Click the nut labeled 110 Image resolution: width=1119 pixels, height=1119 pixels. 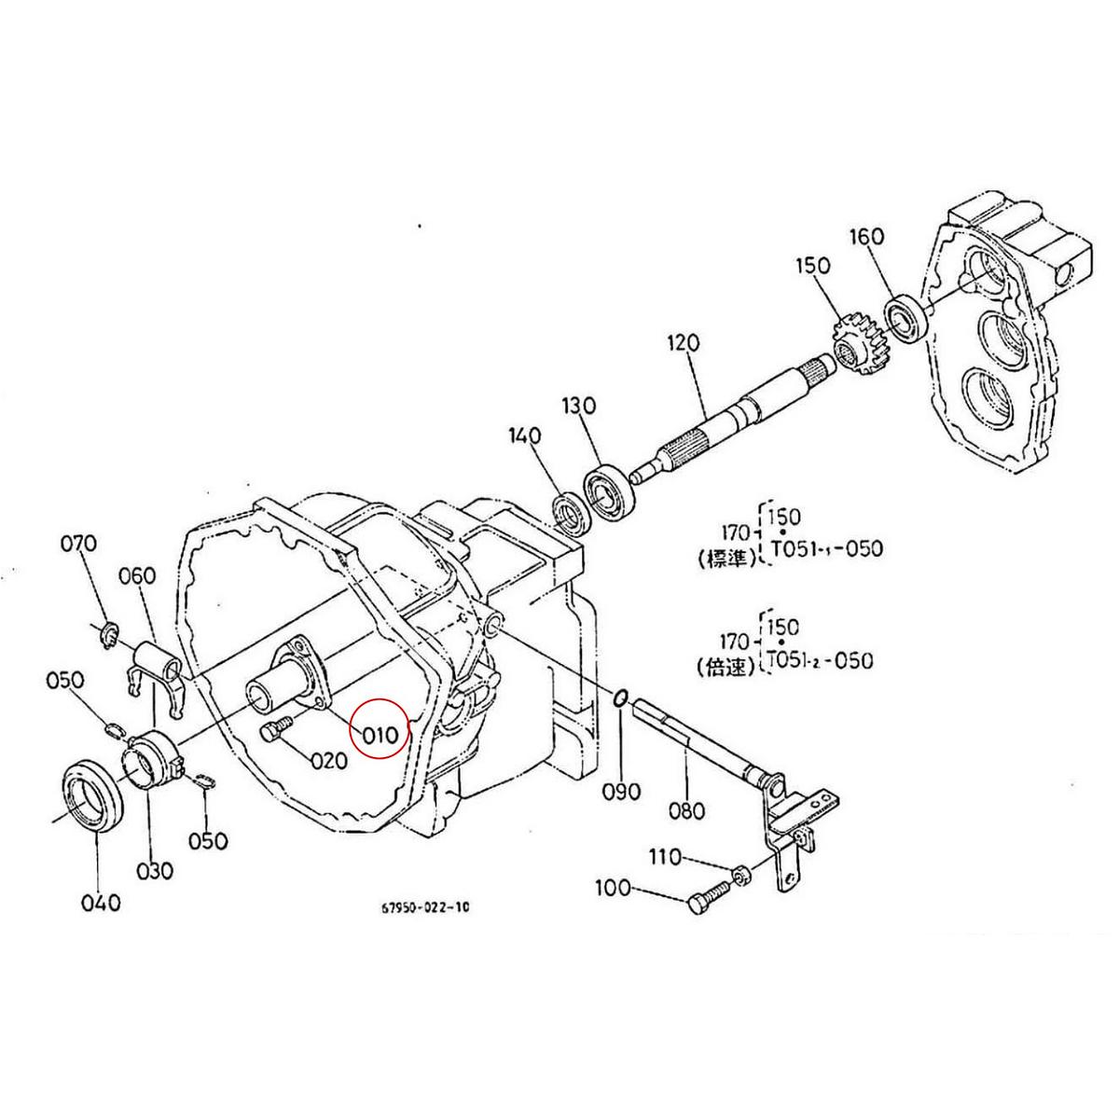(738, 874)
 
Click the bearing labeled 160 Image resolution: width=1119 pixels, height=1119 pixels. (903, 317)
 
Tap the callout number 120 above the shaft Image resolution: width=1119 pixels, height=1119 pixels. (683, 343)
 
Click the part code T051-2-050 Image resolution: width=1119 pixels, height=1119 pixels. (820, 660)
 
